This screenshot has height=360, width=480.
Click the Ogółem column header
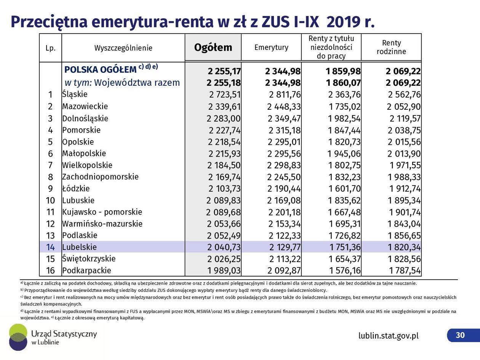(x=213, y=48)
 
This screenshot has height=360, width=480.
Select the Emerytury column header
(x=271, y=48)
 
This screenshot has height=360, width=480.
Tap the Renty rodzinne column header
(x=391, y=47)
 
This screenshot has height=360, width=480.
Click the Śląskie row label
(x=75, y=94)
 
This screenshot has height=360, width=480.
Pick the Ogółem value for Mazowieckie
(x=224, y=107)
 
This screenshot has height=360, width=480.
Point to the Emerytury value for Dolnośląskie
(x=284, y=118)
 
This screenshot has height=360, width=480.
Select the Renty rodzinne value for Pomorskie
(x=404, y=130)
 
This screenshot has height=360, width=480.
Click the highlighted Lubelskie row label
(x=80, y=247)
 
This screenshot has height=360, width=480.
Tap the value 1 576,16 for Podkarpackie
(x=344, y=270)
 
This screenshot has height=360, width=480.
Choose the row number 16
(x=50, y=271)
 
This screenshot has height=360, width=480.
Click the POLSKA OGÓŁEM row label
(x=101, y=70)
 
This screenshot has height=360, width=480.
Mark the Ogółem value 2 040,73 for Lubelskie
(x=224, y=247)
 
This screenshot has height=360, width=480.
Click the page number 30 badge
(x=460, y=335)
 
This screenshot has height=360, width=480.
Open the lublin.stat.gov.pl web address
(x=388, y=336)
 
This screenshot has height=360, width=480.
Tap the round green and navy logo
(x=18, y=337)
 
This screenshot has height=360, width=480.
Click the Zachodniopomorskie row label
(x=101, y=177)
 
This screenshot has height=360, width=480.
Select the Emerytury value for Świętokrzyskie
(x=284, y=259)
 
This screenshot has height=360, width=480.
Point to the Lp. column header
(x=50, y=48)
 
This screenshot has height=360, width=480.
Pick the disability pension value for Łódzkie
(x=344, y=189)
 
